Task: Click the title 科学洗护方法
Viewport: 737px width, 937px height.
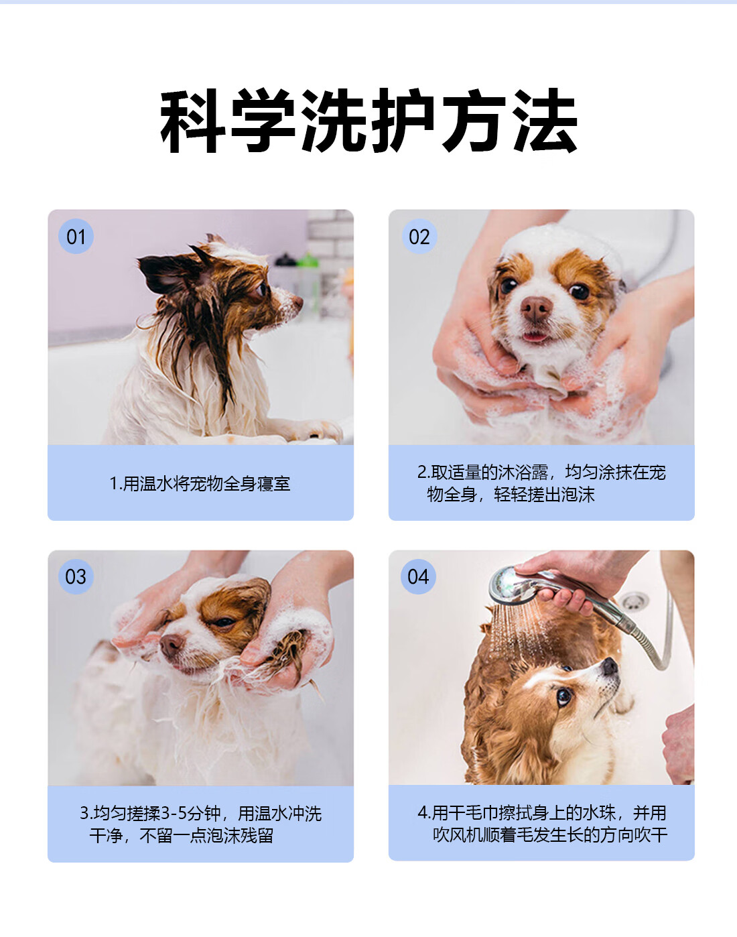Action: tap(368, 120)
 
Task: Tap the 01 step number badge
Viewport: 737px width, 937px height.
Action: tap(76, 237)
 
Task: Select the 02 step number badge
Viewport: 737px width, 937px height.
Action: tap(419, 237)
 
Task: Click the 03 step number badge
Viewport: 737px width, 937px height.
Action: tap(76, 576)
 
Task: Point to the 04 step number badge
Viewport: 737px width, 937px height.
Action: tap(418, 576)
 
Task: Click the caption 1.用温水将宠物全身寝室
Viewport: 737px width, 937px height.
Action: tap(200, 483)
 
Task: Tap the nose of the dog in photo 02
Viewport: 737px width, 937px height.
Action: tap(536, 308)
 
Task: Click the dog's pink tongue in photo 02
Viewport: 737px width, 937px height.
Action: tap(535, 336)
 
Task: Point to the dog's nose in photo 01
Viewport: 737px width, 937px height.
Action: tap(297, 301)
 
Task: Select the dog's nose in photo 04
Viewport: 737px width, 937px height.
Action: tap(610, 666)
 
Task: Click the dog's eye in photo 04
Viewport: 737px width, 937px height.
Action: tap(564, 697)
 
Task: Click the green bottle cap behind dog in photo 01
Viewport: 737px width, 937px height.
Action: tap(308, 260)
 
